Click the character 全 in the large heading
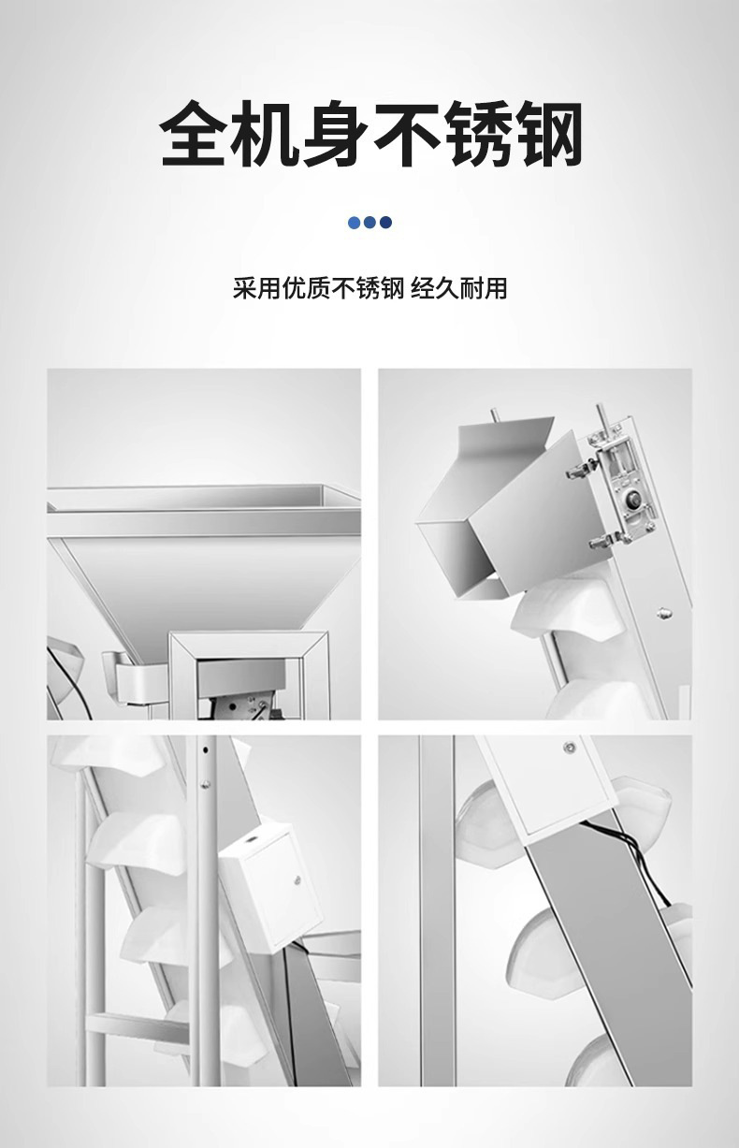[195, 134]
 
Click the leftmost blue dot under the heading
[354, 223]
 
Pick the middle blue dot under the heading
[369, 223]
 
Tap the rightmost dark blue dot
[386, 223]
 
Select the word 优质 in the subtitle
[306, 288]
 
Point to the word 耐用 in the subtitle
[484, 288]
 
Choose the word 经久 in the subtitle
[435, 288]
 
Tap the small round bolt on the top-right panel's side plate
[664, 611]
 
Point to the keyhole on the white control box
[297, 881]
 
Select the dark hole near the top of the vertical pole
[206, 750]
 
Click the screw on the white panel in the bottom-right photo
[569, 748]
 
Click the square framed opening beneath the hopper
[250, 676]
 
